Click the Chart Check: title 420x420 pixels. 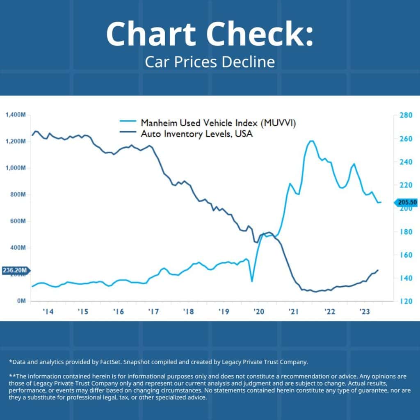pos(210,34)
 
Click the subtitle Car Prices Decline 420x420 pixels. pos(210,62)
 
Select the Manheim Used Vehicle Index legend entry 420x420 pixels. pos(217,123)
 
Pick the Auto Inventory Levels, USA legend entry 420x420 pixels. pos(196,134)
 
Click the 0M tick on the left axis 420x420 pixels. pos(21,301)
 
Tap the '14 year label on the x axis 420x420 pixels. pos(48,312)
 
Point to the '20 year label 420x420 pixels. pos(259,312)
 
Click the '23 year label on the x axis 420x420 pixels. pos(364,312)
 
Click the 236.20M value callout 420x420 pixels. pos(16,271)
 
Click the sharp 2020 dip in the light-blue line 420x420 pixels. pos(252,281)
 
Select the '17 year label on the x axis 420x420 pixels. pos(153,312)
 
